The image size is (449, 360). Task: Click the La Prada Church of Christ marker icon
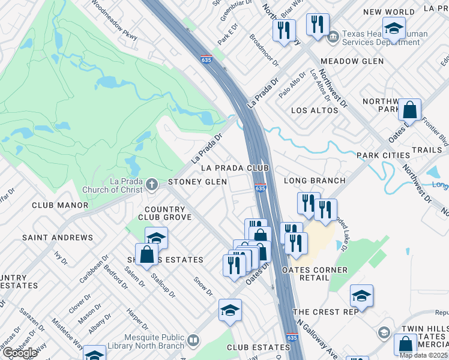(152, 183)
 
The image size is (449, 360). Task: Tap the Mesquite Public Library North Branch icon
(193, 341)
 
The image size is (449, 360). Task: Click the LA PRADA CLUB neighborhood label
(235, 169)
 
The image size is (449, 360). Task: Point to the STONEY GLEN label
(197, 182)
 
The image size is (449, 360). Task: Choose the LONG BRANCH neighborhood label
(314, 181)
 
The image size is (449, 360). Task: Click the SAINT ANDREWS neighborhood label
(58, 238)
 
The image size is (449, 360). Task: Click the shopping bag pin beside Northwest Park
(409, 110)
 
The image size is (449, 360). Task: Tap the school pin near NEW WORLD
(394, 29)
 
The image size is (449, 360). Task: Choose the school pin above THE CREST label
(361, 296)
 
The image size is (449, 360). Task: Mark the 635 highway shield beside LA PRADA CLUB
(260, 188)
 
